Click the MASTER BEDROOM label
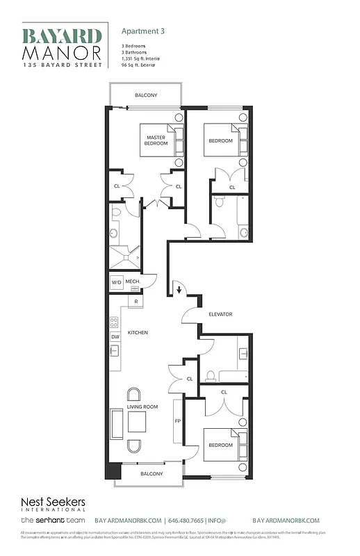pyautogui.click(x=156, y=140)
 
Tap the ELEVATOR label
pyautogui.click(x=220, y=315)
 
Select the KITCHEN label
pyautogui.click(x=138, y=333)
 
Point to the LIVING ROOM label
pyautogui.click(x=142, y=407)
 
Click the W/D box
pyautogui.click(x=116, y=283)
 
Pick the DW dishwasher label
pyautogui.click(x=115, y=337)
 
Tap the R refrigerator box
pyautogui.click(x=136, y=301)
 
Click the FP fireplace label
pyautogui.click(x=177, y=421)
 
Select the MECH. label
pyautogui.click(x=133, y=281)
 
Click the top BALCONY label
pyautogui.click(x=146, y=95)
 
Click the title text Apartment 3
pyautogui.click(x=143, y=31)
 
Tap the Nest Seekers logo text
pyautogui.click(x=47, y=502)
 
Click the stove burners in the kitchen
pyautogui.click(x=114, y=323)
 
